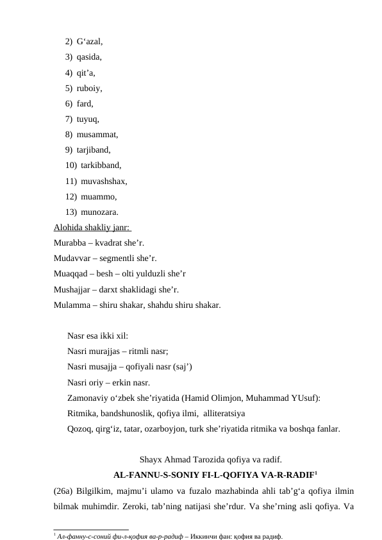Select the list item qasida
[88, 57]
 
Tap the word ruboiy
[89, 88]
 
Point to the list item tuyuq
[88, 119]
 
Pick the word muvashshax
[104, 181]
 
